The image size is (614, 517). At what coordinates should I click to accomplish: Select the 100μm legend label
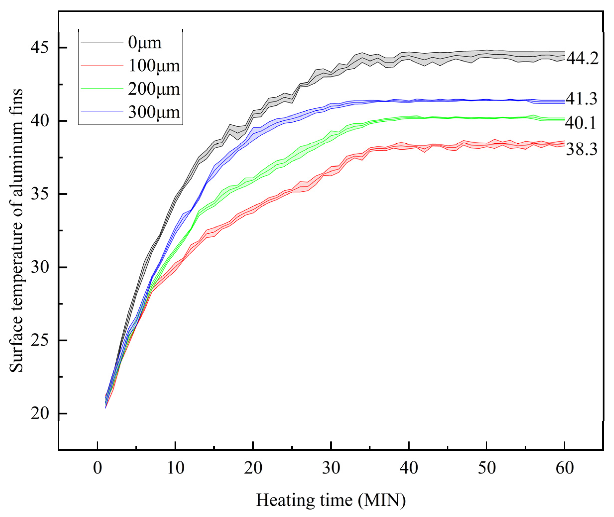tap(154, 65)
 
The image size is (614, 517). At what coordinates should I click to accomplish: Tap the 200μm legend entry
tap(154, 89)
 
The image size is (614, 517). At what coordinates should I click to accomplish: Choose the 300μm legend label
tap(154, 112)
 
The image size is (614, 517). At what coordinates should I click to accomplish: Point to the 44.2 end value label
tap(582, 58)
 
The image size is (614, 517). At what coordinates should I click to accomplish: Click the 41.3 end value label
tap(581, 99)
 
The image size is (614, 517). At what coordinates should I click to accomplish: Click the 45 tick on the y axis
tap(40, 47)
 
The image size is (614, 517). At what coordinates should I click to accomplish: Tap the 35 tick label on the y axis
tap(40, 194)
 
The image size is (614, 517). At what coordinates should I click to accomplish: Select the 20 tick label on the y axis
tap(40, 414)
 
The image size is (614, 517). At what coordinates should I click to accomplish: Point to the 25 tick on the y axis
tap(40, 340)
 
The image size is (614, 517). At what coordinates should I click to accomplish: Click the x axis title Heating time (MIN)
tap(331, 500)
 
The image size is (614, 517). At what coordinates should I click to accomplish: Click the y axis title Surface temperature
tap(16, 230)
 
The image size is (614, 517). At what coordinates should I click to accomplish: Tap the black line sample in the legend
tap(102, 42)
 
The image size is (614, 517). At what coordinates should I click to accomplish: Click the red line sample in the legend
tap(102, 65)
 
